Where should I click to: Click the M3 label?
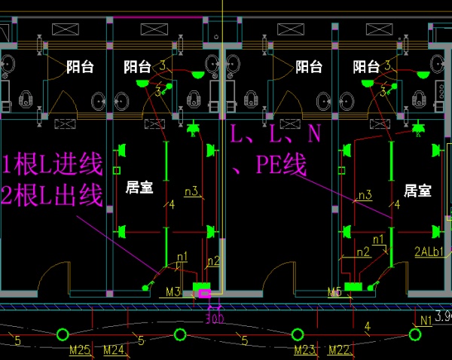[x=173, y=291]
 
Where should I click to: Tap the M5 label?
[x=335, y=291]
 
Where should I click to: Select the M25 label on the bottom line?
[x=80, y=349]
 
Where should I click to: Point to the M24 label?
[x=114, y=349]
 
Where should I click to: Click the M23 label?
[x=304, y=349]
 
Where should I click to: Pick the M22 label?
[x=338, y=349]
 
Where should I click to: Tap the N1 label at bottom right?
[x=427, y=320]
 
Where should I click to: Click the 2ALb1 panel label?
[x=429, y=252]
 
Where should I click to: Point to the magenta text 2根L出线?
[x=52, y=197]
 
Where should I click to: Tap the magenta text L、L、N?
[x=276, y=135]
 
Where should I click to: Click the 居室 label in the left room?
[x=139, y=188]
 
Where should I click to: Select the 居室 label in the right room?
[x=417, y=191]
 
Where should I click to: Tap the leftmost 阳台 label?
[x=80, y=67]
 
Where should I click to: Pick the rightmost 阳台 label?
[x=367, y=67]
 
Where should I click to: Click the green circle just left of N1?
[x=414, y=334]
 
